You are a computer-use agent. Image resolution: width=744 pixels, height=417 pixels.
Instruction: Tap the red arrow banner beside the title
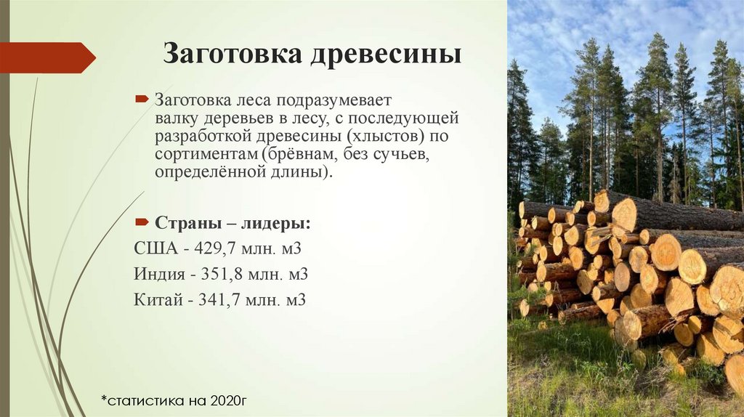[x=47, y=57]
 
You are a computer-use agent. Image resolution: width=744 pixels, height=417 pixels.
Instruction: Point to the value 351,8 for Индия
[x=230, y=274]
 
